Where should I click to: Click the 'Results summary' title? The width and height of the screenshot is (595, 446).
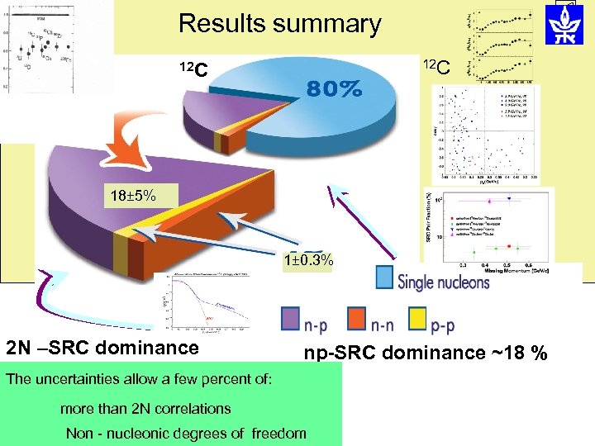[279, 24]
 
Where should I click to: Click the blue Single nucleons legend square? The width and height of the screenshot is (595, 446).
[384, 278]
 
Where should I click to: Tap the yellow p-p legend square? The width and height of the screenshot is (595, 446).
[419, 319]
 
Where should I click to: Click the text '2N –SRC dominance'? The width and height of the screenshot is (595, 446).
[102, 348]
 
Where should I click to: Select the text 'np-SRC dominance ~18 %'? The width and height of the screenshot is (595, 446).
[426, 353]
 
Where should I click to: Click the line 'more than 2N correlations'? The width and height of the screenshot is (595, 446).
[145, 408]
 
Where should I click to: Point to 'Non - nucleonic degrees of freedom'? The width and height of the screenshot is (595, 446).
[186, 433]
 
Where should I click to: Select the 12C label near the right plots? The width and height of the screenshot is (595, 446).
[436, 67]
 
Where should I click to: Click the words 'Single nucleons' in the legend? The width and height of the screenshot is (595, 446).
[444, 281]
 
